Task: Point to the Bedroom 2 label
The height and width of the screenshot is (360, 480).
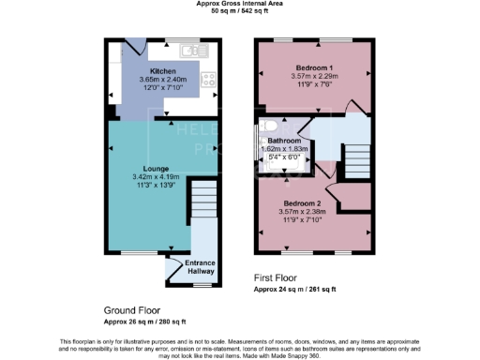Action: pyautogui.click(x=313, y=203)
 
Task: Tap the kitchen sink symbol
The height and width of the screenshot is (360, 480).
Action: pyautogui.click(x=196, y=49)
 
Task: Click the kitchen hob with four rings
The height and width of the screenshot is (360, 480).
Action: pyautogui.click(x=211, y=81)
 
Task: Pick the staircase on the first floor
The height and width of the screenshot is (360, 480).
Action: pyautogui.click(x=357, y=164)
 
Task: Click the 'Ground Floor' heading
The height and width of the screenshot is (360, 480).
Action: pyautogui.click(x=131, y=309)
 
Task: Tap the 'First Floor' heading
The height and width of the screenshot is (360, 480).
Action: pyautogui.click(x=279, y=278)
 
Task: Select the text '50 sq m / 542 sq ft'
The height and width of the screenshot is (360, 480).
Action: pyautogui.click(x=240, y=13)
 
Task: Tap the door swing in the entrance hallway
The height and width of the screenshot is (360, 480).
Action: pyautogui.click(x=173, y=272)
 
